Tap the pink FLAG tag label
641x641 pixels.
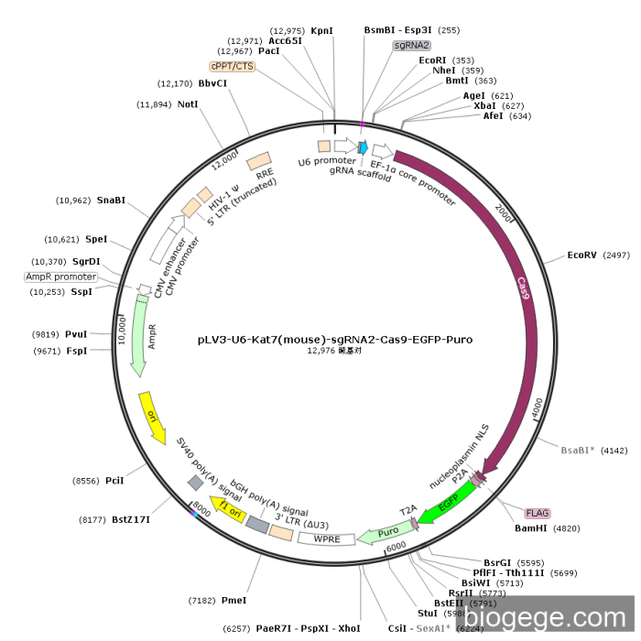(536, 513)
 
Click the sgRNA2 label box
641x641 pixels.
(412, 45)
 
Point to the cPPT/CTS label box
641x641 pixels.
(233, 66)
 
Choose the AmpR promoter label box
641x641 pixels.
(61, 277)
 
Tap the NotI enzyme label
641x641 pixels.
(188, 104)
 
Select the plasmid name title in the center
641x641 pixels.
(335, 339)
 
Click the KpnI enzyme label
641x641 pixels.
(322, 30)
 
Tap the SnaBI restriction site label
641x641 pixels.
(111, 200)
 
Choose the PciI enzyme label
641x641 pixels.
(114, 480)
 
